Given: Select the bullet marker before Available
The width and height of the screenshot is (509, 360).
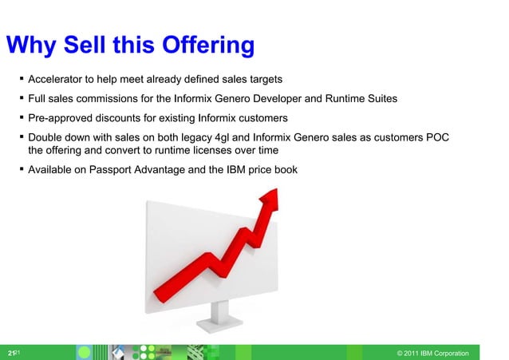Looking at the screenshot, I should (x=21, y=169).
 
